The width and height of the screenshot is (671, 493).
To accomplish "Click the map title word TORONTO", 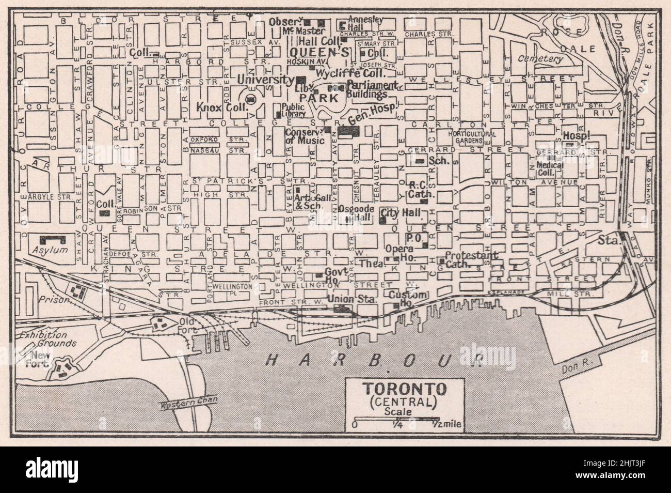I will (396, 388).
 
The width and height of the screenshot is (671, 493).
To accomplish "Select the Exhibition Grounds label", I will (44, 338).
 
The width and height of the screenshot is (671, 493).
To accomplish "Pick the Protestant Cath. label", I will (471, 259).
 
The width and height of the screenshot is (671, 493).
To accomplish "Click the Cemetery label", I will (541, 59).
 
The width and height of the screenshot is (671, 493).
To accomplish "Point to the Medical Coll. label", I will (550, 168).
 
